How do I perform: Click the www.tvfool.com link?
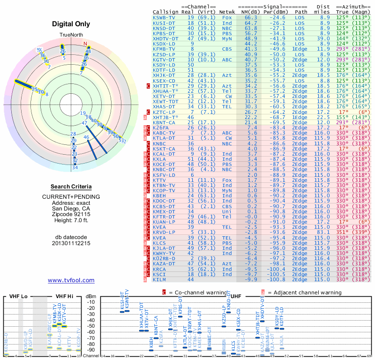[x=71, y=280]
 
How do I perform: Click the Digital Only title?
[x=71, y=24]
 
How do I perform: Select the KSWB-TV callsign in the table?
[x=165, y=17]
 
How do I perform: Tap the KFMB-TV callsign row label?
[x=165, y=49]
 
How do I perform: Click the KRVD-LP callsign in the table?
[x=165, y=232]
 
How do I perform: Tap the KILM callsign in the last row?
[x=160, y=279]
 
